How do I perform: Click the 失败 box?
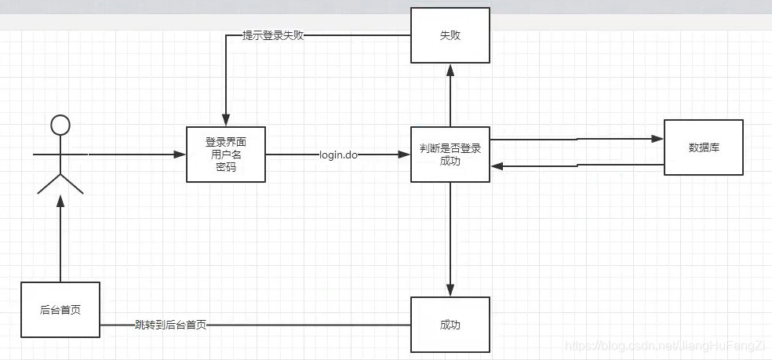click(x=450, y=35)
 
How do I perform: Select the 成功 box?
click(x=450, y=324)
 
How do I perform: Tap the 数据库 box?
click(x=704, y=147)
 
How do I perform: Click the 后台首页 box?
click(x=60, y=310)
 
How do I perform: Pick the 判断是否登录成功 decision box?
click(x=450, y=155)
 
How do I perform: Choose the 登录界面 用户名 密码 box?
click(x=226, y=155)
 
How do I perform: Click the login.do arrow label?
click(x=339, y=155)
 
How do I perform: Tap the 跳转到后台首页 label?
click(x=170, y=325)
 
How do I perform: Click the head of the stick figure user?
click(x=60, y=124)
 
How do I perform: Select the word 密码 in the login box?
click(x=226, y=167)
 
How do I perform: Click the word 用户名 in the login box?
click(x=226, y=155)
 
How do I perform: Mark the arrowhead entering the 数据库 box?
click(x=658, y=139)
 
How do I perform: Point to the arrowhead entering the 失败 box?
click(x=450, y=69)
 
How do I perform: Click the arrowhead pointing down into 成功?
click(x=450, y=291)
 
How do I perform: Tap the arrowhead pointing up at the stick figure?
click(x=60, y=202)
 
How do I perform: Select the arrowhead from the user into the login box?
click(x=180, y=155)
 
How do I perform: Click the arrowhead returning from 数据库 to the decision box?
click(x=497, y=165)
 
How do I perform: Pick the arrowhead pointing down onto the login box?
click(x=226, y=120)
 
